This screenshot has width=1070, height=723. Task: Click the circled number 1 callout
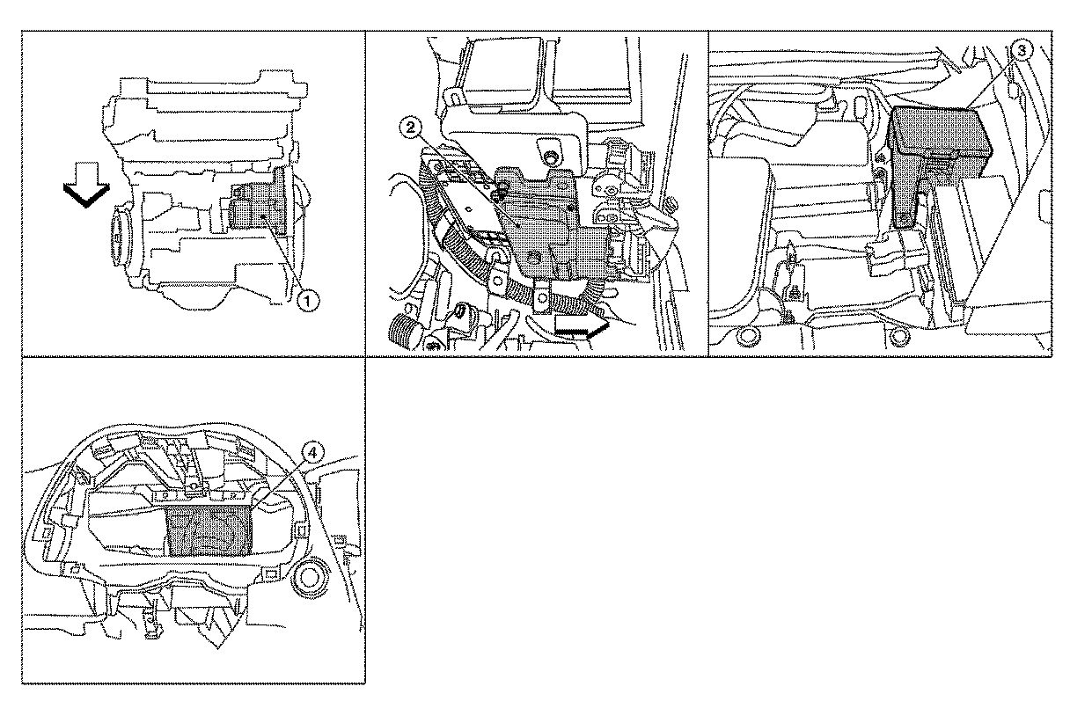(x=308, y=302)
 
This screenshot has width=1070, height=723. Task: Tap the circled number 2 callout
(x=411, y=128)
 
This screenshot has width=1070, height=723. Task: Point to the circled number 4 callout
(x=312, y=453)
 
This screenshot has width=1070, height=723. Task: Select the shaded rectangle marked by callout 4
(x=210, y=531)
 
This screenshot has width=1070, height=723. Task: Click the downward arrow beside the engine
(x=86, y=186)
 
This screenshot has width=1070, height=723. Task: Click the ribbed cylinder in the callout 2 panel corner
(x=405, y=332)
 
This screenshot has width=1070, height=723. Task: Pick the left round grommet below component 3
(x=748, y=336)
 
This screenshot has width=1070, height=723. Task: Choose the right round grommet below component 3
(x=899, y=336)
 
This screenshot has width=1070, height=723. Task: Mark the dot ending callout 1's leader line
(x=263, y=217)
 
